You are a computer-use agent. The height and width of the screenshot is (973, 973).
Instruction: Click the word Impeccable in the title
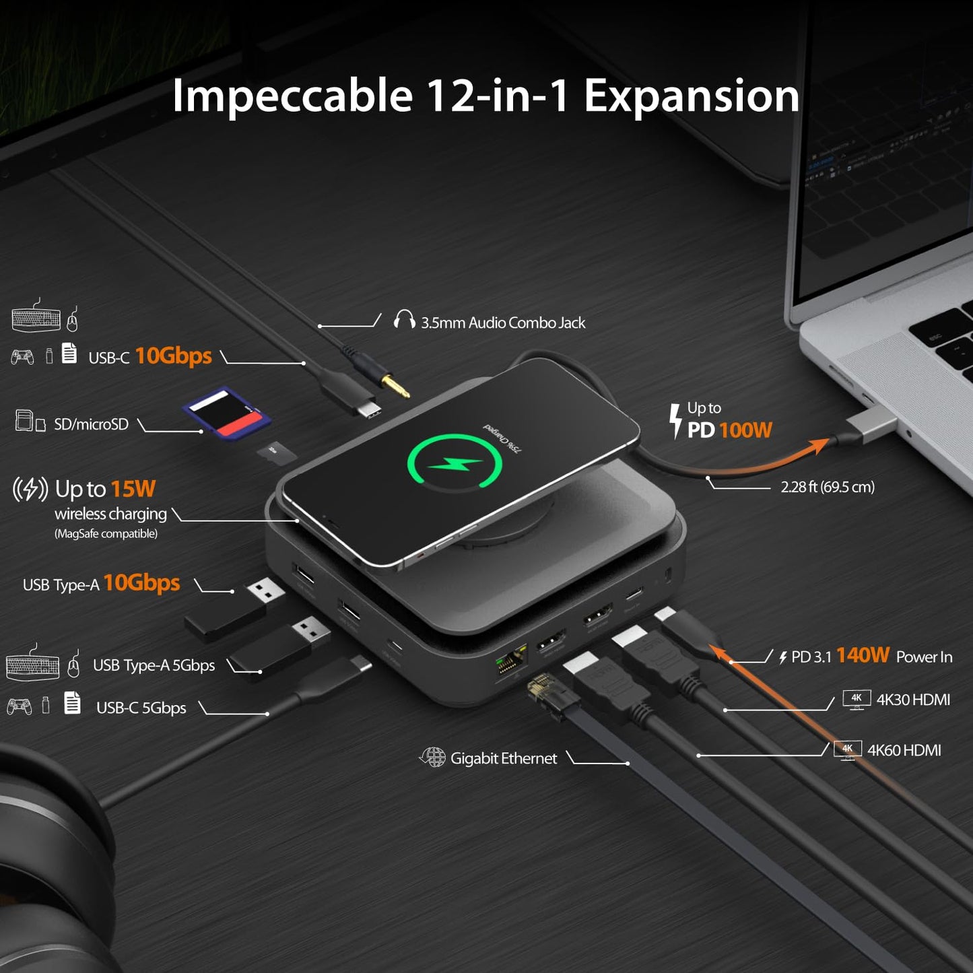pyautogui.click(x=292, y=96)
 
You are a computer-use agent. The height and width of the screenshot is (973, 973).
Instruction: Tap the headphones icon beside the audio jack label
pyautogui.click(x=404, y=319)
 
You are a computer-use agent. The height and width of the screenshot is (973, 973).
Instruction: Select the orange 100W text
pyautogui.click(x=745, y=430)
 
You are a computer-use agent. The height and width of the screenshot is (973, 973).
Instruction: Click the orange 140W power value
pyautogui.click(x=863, y=655)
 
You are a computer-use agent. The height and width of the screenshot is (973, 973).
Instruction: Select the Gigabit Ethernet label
pyautogui.click(x=503, y=759)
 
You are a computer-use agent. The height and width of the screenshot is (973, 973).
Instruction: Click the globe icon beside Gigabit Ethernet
pyautogui.click(x=433, y=757)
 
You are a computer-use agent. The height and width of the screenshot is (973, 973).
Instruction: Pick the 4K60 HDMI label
pyautogui.click(x=904, y=750)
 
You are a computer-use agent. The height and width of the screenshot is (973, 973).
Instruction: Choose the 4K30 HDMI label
pyautogui.click(x=912, y=700)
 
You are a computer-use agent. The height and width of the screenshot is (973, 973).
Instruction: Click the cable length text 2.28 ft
pyautogui.click(x=827, y=487)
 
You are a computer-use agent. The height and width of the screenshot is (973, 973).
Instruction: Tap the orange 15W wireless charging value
pyautogui.click(x=133, y=489)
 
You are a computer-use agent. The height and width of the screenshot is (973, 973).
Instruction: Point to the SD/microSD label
pyautogui.click(x=91, y=424)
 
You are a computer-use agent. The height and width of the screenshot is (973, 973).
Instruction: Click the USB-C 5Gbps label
pyautogui.click(x=141, y=708)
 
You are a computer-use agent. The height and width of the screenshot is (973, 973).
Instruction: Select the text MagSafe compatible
pyautogui.click(x=106, y=534)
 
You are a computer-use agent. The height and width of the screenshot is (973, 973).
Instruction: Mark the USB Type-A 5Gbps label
pyautogui.click(x=154, y=665)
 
